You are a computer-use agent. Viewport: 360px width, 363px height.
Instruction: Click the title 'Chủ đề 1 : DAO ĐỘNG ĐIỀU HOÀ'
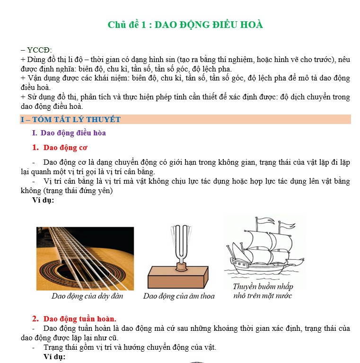tap(185, 25)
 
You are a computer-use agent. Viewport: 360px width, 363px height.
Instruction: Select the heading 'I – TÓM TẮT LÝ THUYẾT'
tap(70, 120)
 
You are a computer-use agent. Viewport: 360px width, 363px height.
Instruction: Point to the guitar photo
tap(85, 258)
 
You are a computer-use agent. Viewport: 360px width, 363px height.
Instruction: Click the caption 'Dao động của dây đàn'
tap(87, 296)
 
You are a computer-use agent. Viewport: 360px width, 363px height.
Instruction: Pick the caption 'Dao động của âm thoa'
tap(179, 296)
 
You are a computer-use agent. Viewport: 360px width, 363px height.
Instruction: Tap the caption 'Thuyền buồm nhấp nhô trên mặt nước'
tap(263, 291)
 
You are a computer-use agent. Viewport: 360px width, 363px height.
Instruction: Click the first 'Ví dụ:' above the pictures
tap(43, 200)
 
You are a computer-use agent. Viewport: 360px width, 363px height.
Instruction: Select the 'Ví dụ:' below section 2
tap(54, 357)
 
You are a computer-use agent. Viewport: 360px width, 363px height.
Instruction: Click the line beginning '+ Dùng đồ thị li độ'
tap(185, 59)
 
